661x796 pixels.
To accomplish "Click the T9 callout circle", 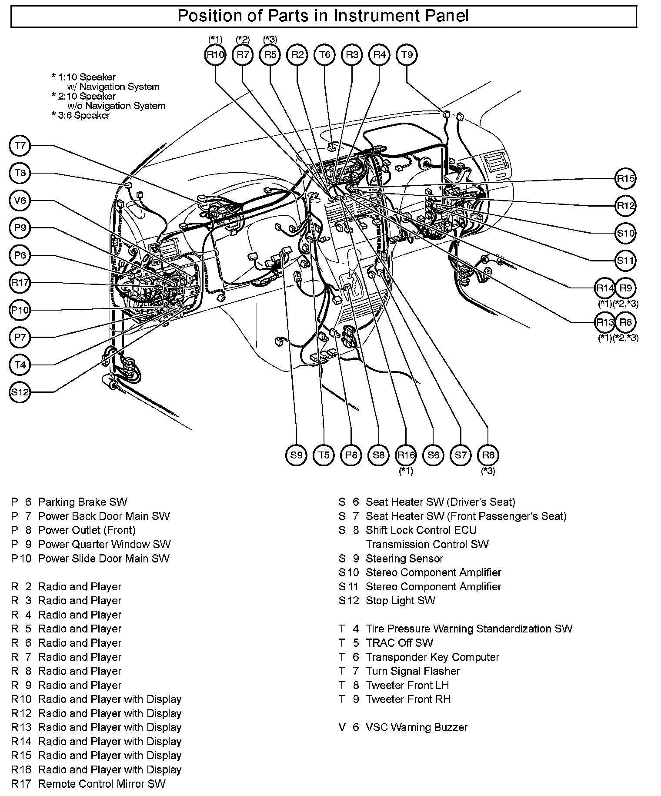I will point(407,55).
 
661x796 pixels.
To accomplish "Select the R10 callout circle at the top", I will point(215,55).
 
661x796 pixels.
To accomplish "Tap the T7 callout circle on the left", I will point(20,146).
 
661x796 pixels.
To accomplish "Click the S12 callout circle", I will point(20,392).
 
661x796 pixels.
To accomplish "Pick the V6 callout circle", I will point(20,201).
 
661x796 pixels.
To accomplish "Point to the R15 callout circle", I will point(626,178).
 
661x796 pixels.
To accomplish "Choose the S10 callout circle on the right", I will point(626,233).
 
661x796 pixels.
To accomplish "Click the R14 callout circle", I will point(605,288).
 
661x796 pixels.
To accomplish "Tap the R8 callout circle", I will point(626,322).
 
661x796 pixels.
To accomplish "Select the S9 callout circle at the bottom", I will point(297,455).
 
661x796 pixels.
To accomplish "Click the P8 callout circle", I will point(351,455).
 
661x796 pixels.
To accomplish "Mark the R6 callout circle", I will point(488,455).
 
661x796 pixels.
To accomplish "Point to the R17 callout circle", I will point(20,283).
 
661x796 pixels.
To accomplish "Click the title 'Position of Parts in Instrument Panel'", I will point(323,17).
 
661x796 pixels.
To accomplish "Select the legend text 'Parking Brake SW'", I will point(83,502).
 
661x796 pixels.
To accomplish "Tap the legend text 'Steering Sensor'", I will point(404,559).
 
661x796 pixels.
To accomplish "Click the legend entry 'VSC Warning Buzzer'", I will point(416,727).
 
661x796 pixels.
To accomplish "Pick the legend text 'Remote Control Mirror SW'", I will point(102,784).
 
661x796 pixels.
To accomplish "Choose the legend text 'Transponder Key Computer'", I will point(432,657).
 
